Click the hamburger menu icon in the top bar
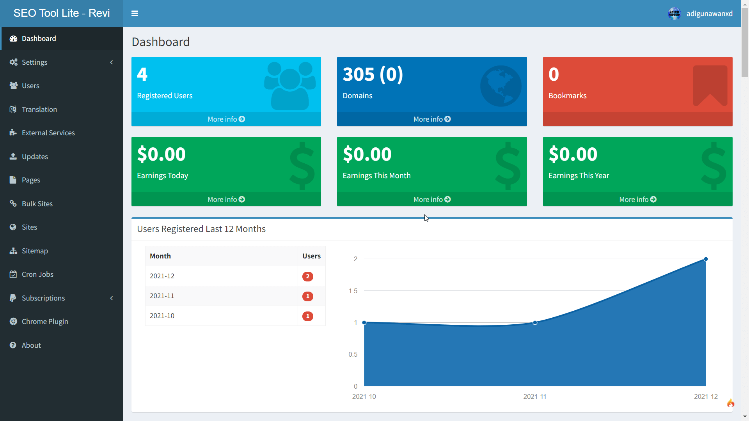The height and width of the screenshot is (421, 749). [135, 13]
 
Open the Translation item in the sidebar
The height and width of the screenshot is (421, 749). [39, 110]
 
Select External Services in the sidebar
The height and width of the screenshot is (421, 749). [48, 133]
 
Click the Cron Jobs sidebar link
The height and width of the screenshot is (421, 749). [37, 274]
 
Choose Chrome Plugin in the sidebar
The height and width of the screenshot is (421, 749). [45, 322]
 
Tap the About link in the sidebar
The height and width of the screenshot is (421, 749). [31, 345]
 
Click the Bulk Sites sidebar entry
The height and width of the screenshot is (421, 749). [37, 204]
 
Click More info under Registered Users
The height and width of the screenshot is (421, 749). [226, 119]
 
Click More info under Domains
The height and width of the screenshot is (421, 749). [432, 119]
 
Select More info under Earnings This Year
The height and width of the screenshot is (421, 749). [637, 200]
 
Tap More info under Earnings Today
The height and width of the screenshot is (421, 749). [226, 200]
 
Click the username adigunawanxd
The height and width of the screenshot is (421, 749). [709, 14]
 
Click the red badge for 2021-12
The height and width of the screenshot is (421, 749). [308, 276]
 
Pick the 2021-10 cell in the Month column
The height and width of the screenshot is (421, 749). [162, 316]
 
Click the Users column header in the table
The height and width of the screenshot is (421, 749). [311, 256]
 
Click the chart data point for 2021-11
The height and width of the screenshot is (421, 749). [535, 323]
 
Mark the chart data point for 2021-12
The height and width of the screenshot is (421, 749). [706, 259]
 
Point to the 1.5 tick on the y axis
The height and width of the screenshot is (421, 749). [353, 291]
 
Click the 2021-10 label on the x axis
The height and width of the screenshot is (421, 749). [364, 396]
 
